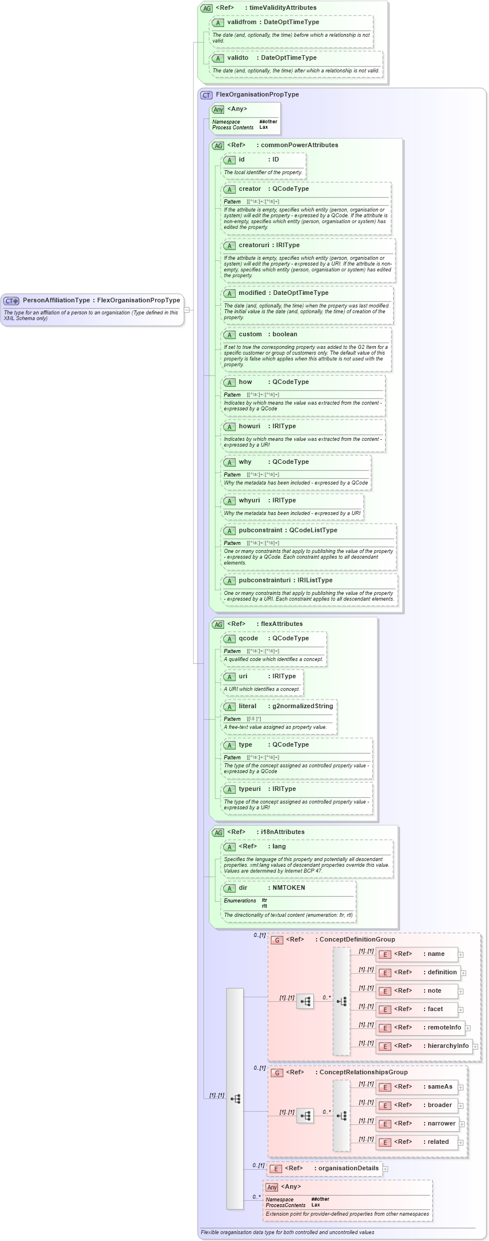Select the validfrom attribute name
click(242, 22)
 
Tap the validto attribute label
click(238, 57)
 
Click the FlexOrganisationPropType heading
click(257, 94)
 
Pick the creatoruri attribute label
click(253, 245)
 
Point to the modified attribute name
click(252, 293)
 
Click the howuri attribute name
click(249, 426)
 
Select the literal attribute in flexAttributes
click(248, 706)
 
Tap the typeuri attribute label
click(249, 789)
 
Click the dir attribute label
click(243, 887)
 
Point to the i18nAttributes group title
click(282, 832)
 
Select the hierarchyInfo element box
click(424, 1046)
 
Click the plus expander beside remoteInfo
click(468, 1028)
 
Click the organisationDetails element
click(325, 1168)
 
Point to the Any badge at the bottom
click(272, 1187)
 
